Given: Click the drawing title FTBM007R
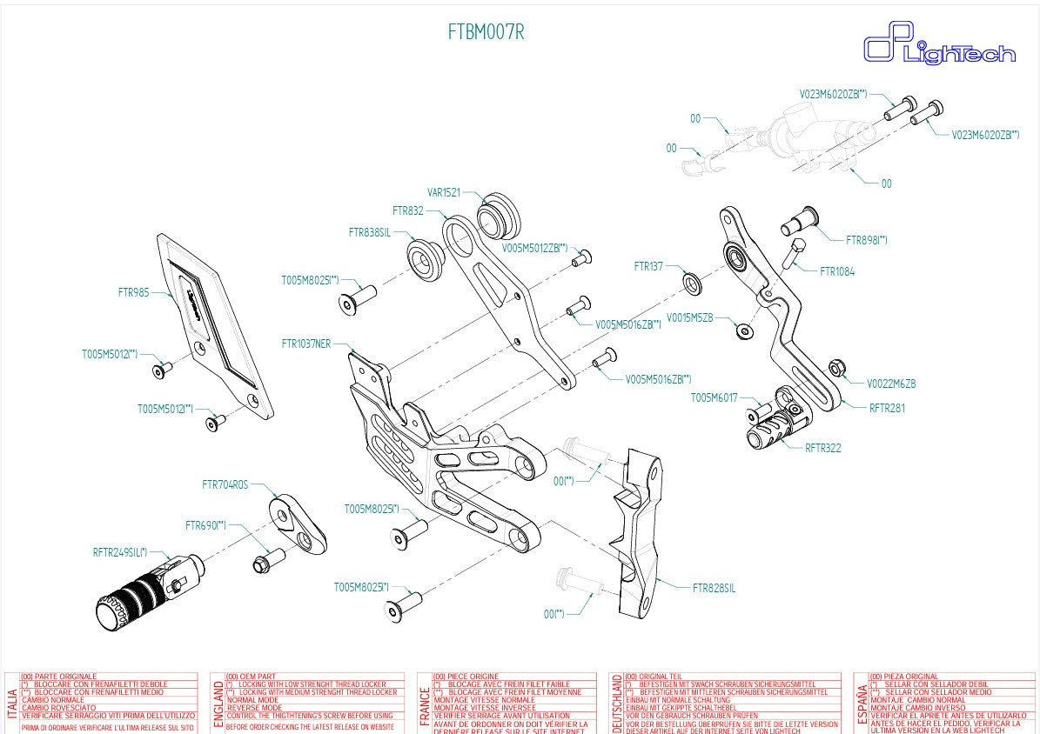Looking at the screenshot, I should pyautogui.click(x=486, y=33).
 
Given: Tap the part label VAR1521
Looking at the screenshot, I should pyautogui.click(x=443, y=192).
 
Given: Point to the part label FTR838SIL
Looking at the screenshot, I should pyautogui.click(x=369, y=232).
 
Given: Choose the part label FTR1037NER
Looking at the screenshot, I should pyautogui.click(x=305, y=343).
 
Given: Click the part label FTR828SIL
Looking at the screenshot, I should pyautogui.click(x=714, y=588).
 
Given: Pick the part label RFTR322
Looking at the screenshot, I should pyautogui.click(x=822, y=448).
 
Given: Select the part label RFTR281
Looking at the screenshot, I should pyautogui.click(x=887, y=407).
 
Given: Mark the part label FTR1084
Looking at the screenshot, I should pyautogui.click(x=837, y=271).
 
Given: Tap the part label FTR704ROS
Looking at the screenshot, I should pyautogui.click(x=225, y=484).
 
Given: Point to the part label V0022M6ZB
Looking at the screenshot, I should pyautogui.click(x=891, y=384).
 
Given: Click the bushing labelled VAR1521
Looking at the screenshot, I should pyautogui.click(x=500, y=212).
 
